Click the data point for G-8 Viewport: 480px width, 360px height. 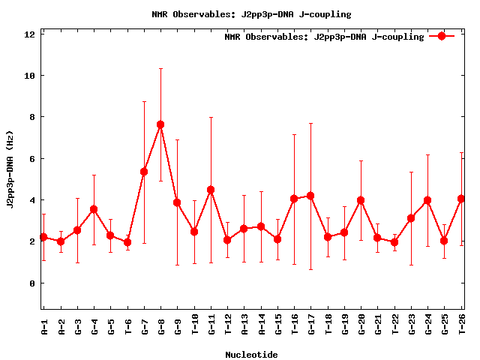[x=160, y=124]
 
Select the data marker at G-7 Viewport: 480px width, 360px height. [x=144, y=172]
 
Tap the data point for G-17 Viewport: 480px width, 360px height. [x=310, y=196]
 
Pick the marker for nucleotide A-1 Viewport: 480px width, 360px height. [x=43, y=237]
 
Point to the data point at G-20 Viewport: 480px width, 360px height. [x=361, y=200]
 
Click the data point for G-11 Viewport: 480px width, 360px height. [x=211, y=190]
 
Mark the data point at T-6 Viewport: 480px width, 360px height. [x=127, y=242]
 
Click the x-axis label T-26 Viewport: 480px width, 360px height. [x=462, y=327]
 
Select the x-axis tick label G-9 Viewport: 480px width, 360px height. [x=178, y=327]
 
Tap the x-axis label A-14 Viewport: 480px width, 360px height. [x=261, y=327]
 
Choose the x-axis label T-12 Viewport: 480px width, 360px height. [x=228, y=327]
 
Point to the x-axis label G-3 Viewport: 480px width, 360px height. [x=77, y=327]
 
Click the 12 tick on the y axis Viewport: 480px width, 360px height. [x=31, y=34]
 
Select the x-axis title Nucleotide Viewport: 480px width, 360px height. [x=251, y=355]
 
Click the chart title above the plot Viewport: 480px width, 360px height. [x=251, y=14]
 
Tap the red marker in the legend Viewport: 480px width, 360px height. [x=442, y=36]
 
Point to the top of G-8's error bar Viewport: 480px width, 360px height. [x=160, y=69]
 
